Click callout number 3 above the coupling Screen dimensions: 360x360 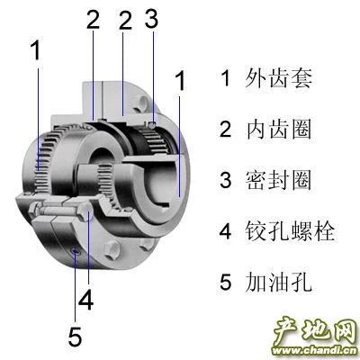[151, 20]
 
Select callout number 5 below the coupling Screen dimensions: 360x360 [75, 336]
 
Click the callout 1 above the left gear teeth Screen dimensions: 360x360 [36, 50]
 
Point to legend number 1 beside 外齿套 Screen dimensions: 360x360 [225, 77]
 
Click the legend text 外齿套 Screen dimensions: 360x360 [279, 77]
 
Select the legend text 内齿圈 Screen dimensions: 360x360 [279, 129]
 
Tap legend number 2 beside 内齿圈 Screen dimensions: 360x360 [226, 129]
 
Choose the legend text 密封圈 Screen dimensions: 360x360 [279, 180]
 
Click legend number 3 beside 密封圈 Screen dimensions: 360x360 [226, 180]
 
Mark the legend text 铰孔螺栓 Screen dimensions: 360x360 [290, 230]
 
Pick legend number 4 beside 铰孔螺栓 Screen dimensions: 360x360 [226, 230]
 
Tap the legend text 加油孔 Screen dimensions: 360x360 [279, 282]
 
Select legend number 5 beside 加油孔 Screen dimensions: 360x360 [226, 282]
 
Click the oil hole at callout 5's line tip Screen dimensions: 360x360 [76, 251]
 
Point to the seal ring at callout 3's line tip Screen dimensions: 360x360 [153, 124]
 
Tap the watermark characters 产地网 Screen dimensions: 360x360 [315, 332]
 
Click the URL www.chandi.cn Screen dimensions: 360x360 [314, 350]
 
